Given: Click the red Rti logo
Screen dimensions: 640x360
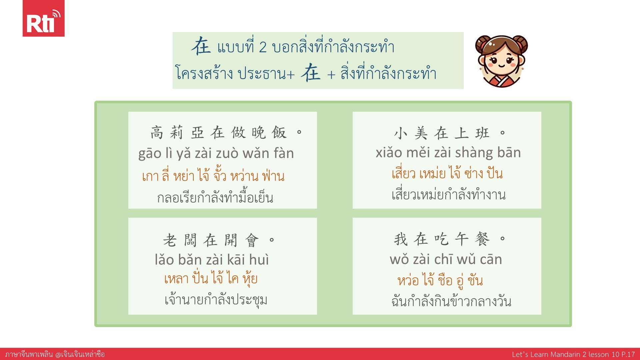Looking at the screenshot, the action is coord(43,18).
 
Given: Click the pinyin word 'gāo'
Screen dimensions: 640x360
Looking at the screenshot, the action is coord(150,154).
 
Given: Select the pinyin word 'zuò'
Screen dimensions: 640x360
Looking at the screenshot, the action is coord(227,153).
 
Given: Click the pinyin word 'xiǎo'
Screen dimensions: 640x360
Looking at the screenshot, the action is coord(389,153).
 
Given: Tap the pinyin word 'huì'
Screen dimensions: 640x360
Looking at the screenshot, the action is coord(259,259).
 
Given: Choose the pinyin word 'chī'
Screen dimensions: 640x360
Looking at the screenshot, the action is coord(443,259).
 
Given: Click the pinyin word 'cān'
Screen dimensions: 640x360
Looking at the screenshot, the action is coord(491,259).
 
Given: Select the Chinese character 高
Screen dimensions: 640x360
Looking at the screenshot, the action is coord(157,133).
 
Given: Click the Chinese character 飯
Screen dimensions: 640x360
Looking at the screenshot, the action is coord(279,133).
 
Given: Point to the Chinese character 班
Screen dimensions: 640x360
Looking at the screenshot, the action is coord(482,133).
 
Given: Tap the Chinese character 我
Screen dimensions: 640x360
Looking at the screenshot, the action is coord(401,239).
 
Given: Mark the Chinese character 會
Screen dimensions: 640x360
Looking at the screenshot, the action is coord(252,240).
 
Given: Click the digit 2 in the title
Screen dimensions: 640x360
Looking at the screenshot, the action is coord(263,47).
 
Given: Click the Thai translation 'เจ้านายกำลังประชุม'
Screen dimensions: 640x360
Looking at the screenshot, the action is coord(216,300).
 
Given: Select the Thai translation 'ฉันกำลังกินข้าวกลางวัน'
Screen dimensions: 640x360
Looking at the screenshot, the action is coord(451,301).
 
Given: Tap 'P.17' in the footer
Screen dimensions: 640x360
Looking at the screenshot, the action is coord(628,354).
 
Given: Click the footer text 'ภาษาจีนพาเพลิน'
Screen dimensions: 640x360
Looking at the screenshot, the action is coord(29,354).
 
